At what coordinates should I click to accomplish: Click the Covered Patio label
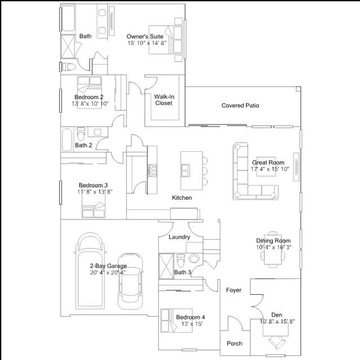pyautogui.click(x=240, y=106)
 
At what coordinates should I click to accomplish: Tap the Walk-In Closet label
pyautogui.click(x=164, y=100)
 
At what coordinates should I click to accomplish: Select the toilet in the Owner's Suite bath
pyautogui.click(x=69, y=67)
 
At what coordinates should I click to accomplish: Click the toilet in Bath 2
pyautogui.click(x=81, y=134)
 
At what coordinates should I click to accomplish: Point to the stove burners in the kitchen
pyautogui.click(x=152, y=170)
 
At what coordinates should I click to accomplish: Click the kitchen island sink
pyautogui.click(x=186, y=170)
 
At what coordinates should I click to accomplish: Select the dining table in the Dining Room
pyautogui.click(x=273, y=250)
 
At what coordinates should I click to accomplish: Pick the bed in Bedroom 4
pyautogui.click(x=177, y=321)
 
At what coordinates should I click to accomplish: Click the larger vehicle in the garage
pyautogui.click(x=91, y=271)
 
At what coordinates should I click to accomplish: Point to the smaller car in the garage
pyautogui.click(x=130, y=281)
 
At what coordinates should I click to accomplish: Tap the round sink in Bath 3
pyautogui.click(x=194, y=258)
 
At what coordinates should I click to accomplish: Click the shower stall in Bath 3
pyautogui.click(x=166, y=266)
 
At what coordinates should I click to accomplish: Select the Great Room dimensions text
pyautogui.click(x=270, y=169)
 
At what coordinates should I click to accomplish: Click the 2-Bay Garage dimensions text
pyautogui.click(x=108, y=272)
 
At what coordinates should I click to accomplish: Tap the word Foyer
pyautogui.click(x=234, y=290)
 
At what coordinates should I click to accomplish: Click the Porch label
pyautogui.click(x=235, y=344)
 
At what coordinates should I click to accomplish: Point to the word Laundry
pyautogui.click(x=179, y=237)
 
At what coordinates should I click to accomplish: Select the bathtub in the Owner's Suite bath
pyautogui.click(x=69, y=19)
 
